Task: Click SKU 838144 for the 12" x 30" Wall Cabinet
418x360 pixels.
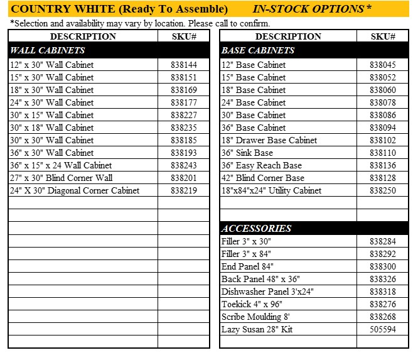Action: click(x=183, y=65)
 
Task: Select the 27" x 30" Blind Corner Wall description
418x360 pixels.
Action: click(x=62, y=178)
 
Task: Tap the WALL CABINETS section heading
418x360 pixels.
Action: click(x=48, y=50)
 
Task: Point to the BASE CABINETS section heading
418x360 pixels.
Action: click(x=258, y=50)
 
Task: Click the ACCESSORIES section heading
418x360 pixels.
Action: click(x=257, y=229)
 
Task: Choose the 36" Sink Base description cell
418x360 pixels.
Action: click(x=247, y=153)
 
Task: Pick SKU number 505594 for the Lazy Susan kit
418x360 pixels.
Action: click(x=382, y=329)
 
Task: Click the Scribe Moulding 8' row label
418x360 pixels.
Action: click(x=255, y=317)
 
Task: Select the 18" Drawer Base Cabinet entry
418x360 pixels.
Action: click(x=269, y=140)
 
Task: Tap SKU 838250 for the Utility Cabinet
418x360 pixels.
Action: click(x=382, y=190)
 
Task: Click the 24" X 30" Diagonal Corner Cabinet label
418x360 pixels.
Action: click(x=75, y=190)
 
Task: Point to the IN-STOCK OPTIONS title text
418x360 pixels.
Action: click(x=311, y=9)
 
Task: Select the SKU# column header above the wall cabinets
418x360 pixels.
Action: click(x=183, y=36)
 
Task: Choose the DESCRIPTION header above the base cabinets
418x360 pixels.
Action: click(x=288, y=36)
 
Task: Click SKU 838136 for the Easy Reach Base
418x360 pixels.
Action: click(x=382, y=165)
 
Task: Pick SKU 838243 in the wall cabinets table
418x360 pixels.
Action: click(x=183, y=165)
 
